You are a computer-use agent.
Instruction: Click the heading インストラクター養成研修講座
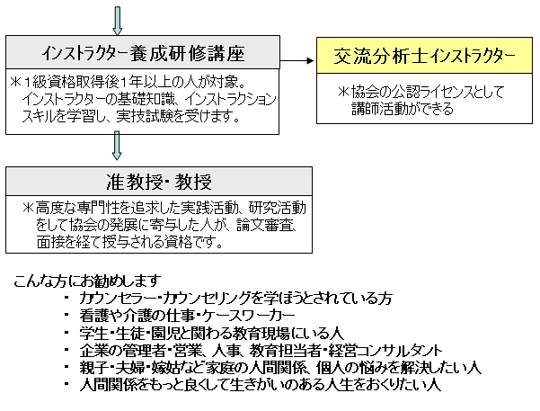point(143,53)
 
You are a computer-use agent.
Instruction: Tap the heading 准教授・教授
point(159,182)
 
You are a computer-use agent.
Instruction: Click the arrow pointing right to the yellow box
point(297,60)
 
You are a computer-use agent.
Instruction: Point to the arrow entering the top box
point(118,21)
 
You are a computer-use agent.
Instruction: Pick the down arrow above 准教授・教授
point(117,146)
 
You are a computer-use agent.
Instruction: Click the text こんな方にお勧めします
point(87,281)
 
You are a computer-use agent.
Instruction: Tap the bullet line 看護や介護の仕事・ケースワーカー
point(187,316)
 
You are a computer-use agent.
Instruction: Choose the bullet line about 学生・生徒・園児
point(211,333)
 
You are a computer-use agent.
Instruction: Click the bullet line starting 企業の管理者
point(261,351)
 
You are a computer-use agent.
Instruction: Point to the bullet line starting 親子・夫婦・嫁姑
point(280,368)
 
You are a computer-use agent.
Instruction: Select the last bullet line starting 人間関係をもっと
point(260,385)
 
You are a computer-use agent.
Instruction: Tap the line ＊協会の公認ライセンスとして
point(420,92)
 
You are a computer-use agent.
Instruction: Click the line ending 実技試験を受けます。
point(131,117)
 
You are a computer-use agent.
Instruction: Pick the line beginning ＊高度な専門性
point(164,208)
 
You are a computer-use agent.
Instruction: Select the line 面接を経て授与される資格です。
point(130,243)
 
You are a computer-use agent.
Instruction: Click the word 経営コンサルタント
point(385,351)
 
